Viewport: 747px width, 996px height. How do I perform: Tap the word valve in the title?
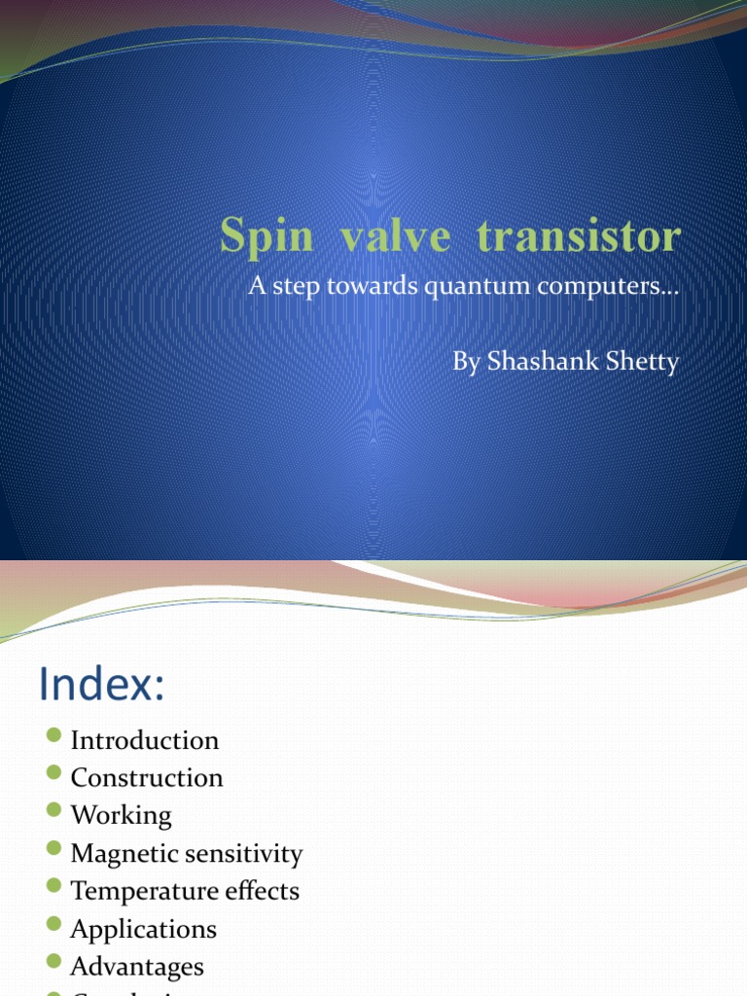(373, 236)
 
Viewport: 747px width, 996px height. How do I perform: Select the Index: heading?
(101, 686)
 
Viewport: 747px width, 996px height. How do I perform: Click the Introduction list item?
(145, 740)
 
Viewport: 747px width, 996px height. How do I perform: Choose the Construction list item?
(147, 778)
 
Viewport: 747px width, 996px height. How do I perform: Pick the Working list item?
(121, 815)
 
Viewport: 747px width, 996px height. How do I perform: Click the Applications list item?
(143, 929)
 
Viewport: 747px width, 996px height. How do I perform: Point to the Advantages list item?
(137, 967)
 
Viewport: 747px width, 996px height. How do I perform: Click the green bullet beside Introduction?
(54, 735)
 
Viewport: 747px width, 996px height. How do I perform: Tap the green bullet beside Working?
(54, 810)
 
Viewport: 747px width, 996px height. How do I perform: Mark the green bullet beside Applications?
(54, 924)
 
